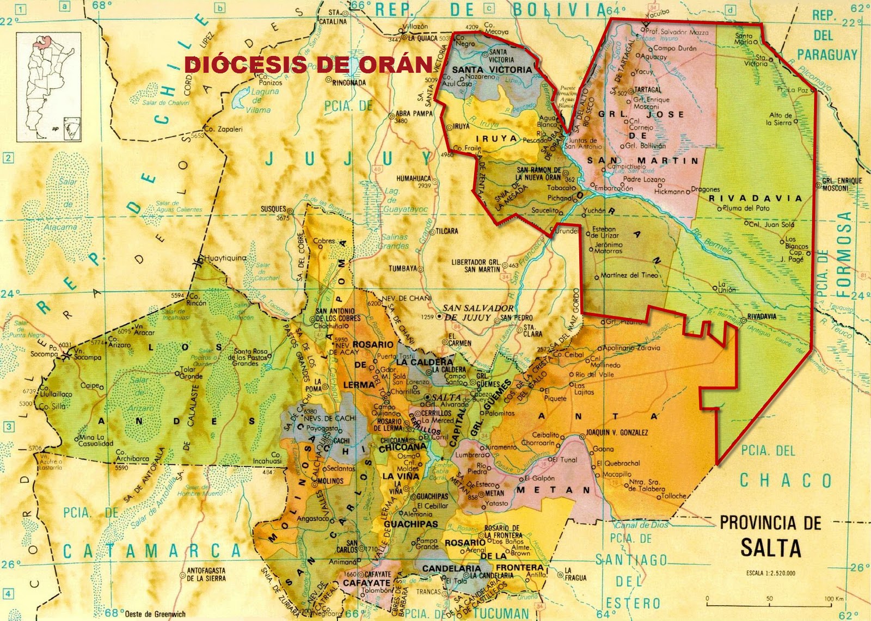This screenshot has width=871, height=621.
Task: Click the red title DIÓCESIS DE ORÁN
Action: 309,65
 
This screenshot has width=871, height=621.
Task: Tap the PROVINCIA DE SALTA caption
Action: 770,536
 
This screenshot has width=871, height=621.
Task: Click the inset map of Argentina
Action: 49,87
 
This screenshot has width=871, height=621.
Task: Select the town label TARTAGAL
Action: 648,90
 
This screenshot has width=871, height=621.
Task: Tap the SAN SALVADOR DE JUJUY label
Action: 477,312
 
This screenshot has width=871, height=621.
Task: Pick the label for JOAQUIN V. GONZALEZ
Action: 617,433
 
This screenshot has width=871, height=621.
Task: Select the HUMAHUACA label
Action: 414,179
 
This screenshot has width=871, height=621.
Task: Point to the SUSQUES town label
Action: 273,209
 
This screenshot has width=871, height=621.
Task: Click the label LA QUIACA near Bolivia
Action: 422,39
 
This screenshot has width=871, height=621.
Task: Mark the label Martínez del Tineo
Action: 629,275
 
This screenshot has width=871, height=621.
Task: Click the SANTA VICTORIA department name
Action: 492,70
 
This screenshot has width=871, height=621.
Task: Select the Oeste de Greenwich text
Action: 155,614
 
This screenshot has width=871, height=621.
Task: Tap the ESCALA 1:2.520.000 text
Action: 771,573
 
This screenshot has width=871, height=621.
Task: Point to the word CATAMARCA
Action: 152,551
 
